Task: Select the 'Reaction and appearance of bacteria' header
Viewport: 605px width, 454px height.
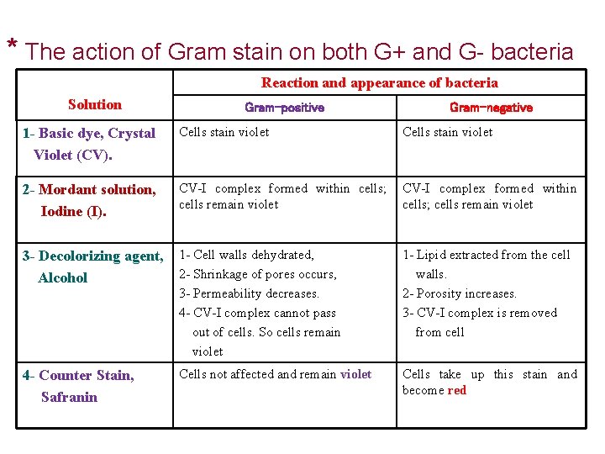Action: [x=379, y=82]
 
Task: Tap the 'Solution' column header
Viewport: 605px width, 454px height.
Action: [x=94, y=104]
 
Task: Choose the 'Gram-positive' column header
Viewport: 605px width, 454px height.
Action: [x=284, y=108]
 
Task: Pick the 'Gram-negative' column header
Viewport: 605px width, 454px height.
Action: [x=491, y=108]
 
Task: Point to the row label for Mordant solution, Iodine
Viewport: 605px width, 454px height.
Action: [x=89, y=200]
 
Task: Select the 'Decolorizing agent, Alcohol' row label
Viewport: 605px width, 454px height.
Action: [x=92, y=267]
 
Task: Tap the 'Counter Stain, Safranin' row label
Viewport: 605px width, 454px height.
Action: [x=78, y=386]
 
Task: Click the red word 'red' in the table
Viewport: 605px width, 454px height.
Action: [x=457, y=390]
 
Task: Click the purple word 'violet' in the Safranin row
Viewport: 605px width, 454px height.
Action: [x=355, y=374]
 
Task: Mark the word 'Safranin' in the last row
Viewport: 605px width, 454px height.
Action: [x=69, y=397]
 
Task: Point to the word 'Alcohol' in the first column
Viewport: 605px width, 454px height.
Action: [x=63, y=277]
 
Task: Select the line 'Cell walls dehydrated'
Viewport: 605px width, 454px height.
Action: [x=246, y=255]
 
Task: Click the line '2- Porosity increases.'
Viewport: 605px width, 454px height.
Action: [x=460, y=293]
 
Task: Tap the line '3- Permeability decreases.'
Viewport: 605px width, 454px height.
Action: [x=250, y=293]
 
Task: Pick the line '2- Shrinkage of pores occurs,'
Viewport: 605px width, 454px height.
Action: [x=258, y=274]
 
